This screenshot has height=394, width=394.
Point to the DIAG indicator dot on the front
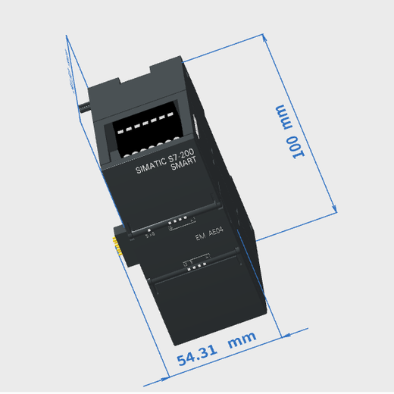(x=150, y=234)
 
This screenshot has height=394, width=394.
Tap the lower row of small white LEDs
(x=195, y=264)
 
